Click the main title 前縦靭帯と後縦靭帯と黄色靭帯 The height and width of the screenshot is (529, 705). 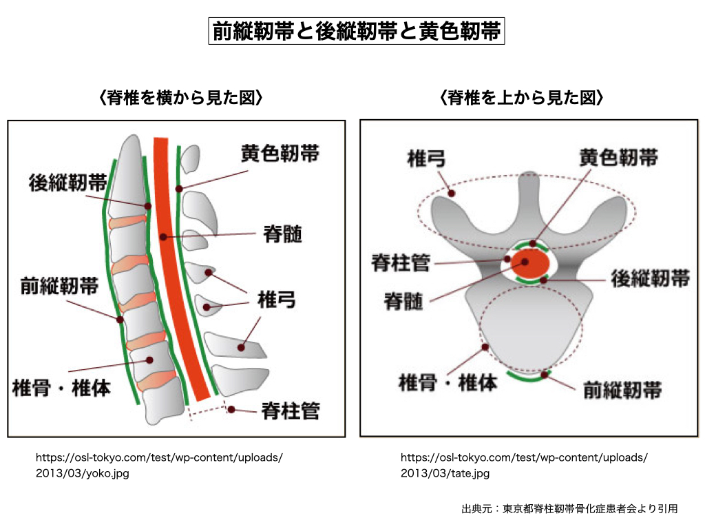(357, 32)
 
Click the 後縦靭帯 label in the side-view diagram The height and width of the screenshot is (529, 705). (67, 183)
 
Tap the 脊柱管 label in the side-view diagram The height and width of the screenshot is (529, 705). (291, 411)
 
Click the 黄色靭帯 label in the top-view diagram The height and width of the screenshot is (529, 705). (618, 158)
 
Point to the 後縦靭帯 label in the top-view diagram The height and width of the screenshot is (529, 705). (650, 279)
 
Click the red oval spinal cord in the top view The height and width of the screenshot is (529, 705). (532, 264)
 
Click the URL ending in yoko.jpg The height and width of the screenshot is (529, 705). (158, 465)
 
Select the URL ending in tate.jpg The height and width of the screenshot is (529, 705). (523, 465)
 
